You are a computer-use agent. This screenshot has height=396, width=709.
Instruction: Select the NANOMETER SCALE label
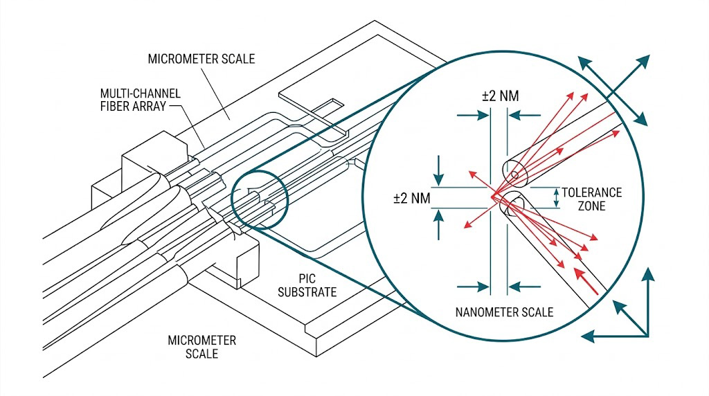coord(504,312)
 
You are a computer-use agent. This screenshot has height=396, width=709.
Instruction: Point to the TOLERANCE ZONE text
coord(591,199)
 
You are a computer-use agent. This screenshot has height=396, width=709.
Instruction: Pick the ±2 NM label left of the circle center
coord(412,199)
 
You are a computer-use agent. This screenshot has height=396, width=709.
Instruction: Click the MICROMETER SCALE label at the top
coord(201,58)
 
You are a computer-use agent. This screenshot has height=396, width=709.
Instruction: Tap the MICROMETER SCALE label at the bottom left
coord(201,347)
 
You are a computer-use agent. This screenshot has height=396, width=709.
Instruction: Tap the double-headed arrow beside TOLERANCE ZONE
coord(555,198)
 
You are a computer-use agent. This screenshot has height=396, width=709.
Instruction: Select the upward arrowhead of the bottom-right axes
coord(648,275)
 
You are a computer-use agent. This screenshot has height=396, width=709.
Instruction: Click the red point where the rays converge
coord(494,197)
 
